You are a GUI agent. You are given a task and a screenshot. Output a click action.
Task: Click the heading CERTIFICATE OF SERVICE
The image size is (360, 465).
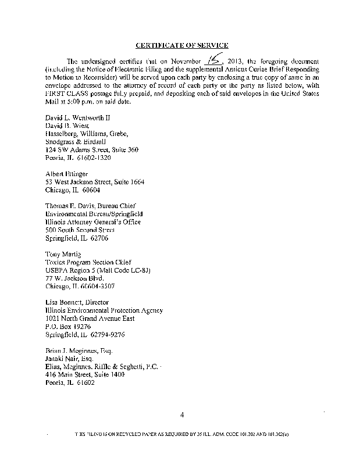point(181,45)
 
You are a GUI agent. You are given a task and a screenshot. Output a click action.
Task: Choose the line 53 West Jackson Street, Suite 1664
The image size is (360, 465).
point(95,182)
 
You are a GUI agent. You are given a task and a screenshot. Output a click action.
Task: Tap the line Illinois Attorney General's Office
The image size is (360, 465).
point(92,221)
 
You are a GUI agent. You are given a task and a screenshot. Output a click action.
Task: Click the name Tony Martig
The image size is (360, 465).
point(60,254)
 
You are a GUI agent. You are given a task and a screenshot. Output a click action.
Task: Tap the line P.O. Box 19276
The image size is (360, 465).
point(67,327)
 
